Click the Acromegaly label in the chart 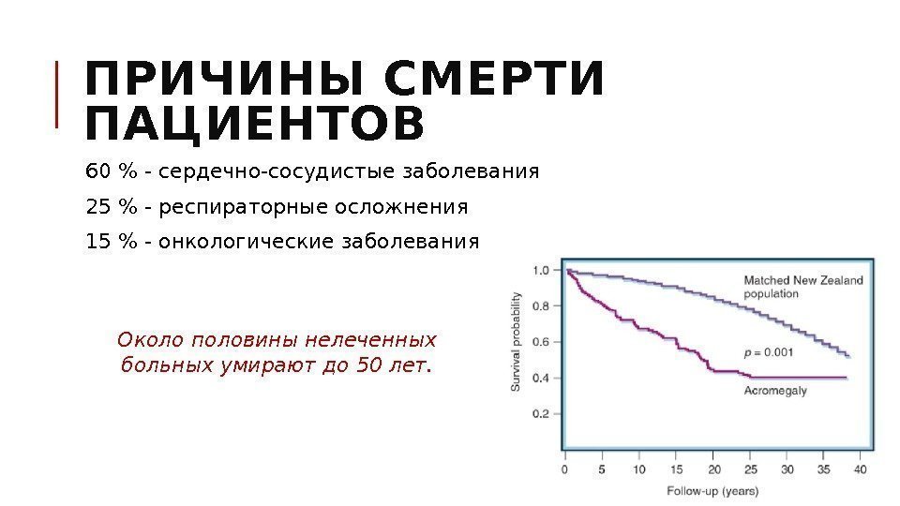(x=774, y=391)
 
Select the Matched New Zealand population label (x=803, y=286)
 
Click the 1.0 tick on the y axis (x=542, y=271)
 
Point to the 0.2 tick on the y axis (x=542, y=413)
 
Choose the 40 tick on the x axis (x=860, y=469)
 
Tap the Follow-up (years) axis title (x=712, y=490)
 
